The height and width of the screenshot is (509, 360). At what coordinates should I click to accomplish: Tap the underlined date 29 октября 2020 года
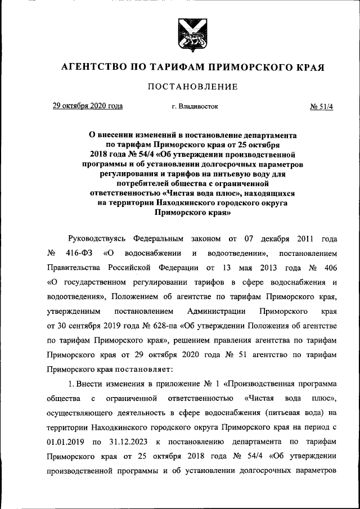87,105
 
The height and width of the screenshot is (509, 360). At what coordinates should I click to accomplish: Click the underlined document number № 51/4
322,106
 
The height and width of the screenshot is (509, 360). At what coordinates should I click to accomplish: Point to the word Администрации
217,310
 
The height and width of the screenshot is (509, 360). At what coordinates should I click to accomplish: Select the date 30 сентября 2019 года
83,325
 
